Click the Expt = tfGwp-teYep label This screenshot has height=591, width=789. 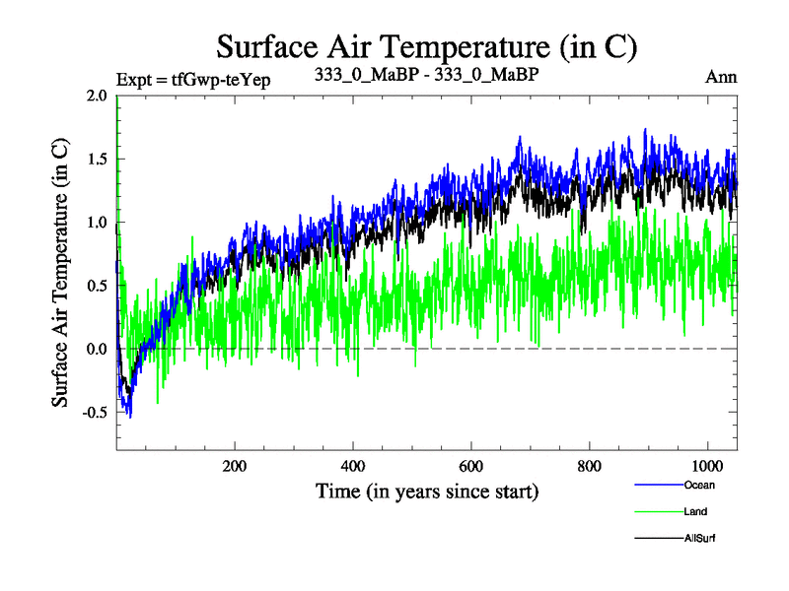193,78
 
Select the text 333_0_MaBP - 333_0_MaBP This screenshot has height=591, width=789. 426,76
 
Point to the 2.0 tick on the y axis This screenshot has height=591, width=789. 98,96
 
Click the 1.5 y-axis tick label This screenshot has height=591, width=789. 98,160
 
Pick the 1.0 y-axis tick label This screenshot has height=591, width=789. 98,223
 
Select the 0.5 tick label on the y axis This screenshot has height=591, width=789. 98,286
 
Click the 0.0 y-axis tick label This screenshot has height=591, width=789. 98,350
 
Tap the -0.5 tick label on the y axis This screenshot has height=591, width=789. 95,413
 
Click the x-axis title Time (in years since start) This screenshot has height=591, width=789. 427,490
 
